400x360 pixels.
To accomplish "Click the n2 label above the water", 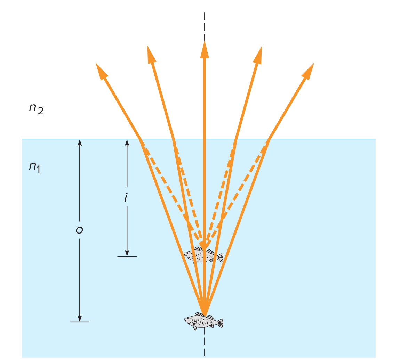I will point(36,108).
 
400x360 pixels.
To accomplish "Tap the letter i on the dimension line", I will point(126,197).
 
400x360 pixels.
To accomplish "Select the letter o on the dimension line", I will point(79,230).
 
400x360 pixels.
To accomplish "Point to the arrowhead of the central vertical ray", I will point(205,50).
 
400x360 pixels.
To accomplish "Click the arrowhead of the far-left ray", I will point(101,71).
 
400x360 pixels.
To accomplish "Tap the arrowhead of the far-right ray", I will point(309,71).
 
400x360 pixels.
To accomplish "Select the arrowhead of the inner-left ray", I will point(151,55).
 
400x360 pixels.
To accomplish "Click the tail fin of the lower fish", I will point(220,323).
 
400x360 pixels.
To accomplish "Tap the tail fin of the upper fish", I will point(220,257).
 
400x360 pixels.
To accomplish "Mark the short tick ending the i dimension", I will point(127,256).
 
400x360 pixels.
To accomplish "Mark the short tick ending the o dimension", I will point(80,322).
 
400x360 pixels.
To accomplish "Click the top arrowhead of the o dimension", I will point(80,142).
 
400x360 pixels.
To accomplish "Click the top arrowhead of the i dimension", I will point(127,142).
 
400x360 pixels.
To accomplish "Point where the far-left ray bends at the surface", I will point(140,139).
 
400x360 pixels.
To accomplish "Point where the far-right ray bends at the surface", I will point(269,139).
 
